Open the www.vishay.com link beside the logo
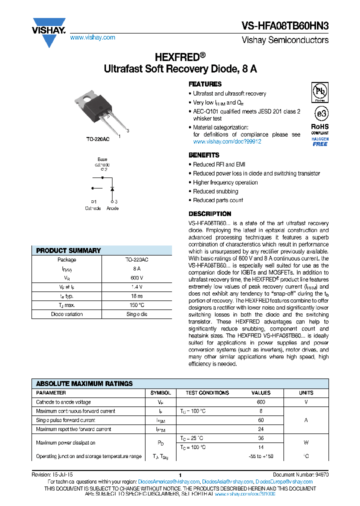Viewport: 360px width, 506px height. tap(92, 37)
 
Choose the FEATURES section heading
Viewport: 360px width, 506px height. tap(205, 84)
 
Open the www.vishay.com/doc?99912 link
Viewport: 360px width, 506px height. tap(227, 141)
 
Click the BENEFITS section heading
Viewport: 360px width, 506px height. tap(204, 155)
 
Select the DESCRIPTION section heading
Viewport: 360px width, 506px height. tap(209, 214)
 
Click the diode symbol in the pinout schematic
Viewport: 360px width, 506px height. tap(112, 188)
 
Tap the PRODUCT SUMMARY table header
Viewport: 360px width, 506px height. tap(68, 250)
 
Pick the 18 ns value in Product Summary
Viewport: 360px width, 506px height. tap(136, 296)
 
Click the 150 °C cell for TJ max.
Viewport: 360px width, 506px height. tap(136, 305)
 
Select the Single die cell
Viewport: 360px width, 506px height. tap(136, 314)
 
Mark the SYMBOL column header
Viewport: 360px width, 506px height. tap(160, 393)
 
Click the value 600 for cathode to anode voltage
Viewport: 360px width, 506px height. tap(261, 402)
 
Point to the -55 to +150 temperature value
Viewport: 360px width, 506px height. tap(261, 456)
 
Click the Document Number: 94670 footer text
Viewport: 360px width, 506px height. tap(300, 474)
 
